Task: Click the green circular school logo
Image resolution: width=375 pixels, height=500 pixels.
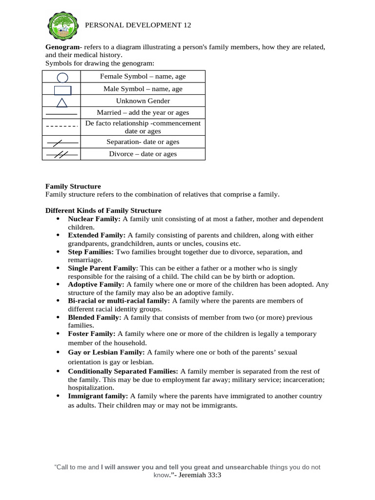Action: click(x=62, y=26)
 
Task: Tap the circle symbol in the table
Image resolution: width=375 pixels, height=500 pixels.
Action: click(x=62, y=77)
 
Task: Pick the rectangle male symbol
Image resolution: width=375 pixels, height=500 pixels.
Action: click(x=62, y=90)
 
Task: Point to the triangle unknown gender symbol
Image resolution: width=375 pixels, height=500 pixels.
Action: click(x=62, y=102)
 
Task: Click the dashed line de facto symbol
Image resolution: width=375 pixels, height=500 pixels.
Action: click(x=62, y=126)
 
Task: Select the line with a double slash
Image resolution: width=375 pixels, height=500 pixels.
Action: click(x=62, y=154)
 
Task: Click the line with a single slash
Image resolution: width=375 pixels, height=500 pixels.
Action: click(x=62, y=143)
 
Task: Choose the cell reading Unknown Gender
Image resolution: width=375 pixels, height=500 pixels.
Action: click(x=143, y=101)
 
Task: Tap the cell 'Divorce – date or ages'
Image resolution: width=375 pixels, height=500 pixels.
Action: click(x=143, y=154)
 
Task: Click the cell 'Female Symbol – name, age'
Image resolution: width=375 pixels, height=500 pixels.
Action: click(x=143, y=77)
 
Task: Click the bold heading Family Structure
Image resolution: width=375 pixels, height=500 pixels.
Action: click(x=73, y=187)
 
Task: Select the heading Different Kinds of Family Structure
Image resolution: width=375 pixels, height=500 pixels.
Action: click(x=104, y=210)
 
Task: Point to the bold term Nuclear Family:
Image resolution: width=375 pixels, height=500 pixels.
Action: click(x=94, y=219)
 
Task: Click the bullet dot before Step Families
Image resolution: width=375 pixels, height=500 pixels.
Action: click(x=58, y=252)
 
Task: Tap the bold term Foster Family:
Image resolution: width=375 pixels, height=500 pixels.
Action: click(x=92, y=334)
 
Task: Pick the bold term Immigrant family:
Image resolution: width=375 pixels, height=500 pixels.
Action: click(x=98, y=396)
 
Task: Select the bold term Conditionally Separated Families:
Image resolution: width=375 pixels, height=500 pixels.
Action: click(x=123, y=372)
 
